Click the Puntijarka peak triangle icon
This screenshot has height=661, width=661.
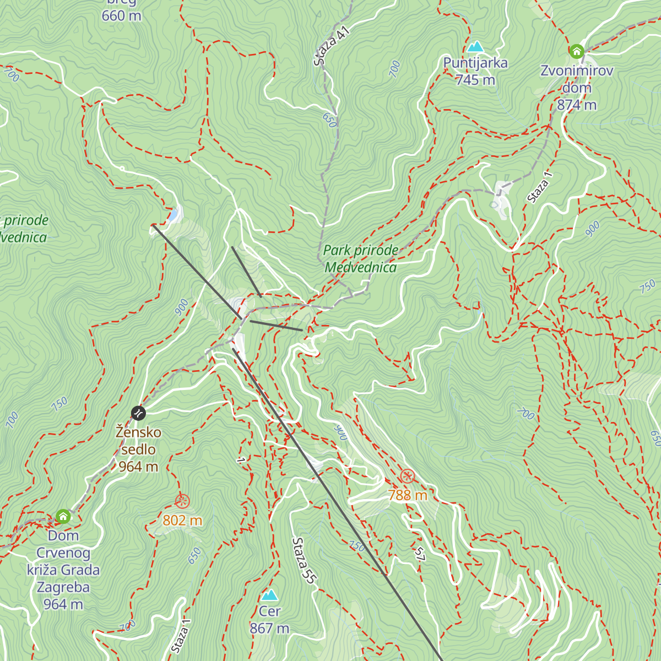[475, 47]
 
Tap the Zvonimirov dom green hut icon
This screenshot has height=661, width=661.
[576, 52]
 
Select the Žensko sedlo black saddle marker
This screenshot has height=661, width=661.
[138, 413]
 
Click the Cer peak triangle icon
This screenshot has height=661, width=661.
[269, 595]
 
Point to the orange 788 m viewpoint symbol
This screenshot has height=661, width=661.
[407, 476]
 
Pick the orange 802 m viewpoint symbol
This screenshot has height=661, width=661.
[182, 501]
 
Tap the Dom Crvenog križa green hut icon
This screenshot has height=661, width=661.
[63, 517]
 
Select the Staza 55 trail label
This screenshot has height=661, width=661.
[305, 561]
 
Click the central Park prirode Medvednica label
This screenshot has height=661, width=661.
[360, 259]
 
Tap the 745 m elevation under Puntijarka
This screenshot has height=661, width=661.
[475, 80]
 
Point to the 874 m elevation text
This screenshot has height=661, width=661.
[576, 105]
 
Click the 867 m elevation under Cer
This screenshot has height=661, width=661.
[269, 629]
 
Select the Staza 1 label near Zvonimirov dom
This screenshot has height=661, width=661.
[539, 188]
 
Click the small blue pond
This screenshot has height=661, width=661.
[174, 214]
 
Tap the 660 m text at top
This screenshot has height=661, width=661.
[121, 16]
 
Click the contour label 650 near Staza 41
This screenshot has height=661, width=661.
[329, 120]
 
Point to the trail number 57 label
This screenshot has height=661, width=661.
[420, 555]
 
